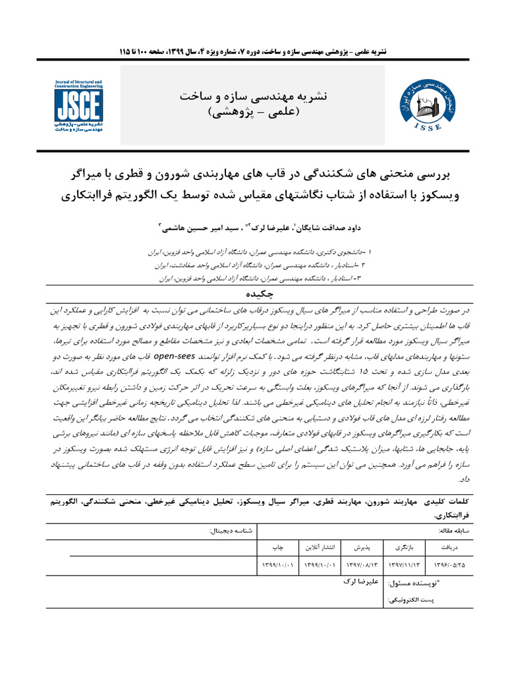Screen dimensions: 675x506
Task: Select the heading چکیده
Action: click(252, 295)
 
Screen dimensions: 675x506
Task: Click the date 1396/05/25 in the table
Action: click(448, 565)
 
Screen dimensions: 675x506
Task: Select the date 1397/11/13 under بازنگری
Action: click(403, 565)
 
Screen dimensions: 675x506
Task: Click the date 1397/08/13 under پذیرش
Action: click(360, 565)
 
